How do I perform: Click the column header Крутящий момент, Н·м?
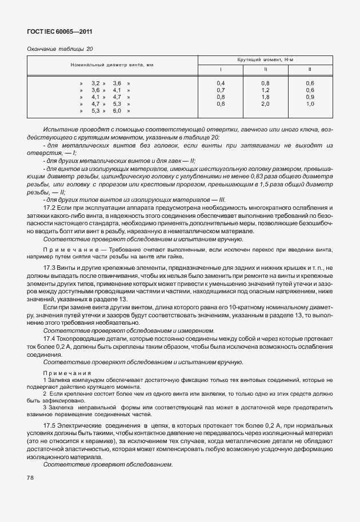click(265, 60)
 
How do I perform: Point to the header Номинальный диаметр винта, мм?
click(112, 65)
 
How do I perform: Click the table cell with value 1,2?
click(265, 90)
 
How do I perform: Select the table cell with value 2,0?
click(265, 104)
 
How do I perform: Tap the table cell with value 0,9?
click(310, 97)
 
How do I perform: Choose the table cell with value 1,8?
click(265, 97)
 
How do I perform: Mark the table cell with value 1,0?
click(310, 104)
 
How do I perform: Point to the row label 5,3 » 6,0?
click(106, 111)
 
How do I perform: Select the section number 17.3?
click(50, 268)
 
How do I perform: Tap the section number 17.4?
click(50, 337)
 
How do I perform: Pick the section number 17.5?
click(50, 427)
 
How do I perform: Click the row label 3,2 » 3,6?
click(106, 83)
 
